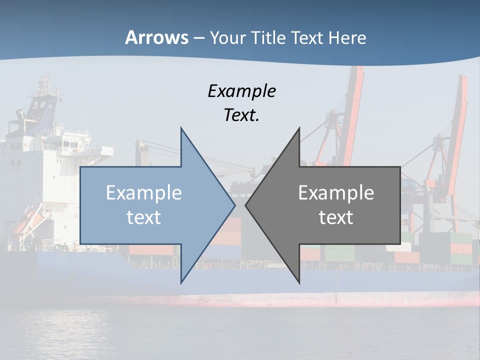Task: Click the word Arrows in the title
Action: point(156,37)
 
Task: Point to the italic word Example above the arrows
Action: point(241,91)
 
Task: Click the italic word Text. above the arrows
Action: point(241,115)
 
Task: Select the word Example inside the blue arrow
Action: point(144,193)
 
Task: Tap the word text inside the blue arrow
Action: point(144,217)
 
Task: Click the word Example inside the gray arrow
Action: point(336,193)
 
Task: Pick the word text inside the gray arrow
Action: point(336,217)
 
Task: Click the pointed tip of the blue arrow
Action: point(234,205)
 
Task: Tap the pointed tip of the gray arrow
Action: point(246,205)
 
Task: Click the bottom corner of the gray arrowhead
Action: point(299,282)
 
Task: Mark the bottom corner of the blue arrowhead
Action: point(181,282)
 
